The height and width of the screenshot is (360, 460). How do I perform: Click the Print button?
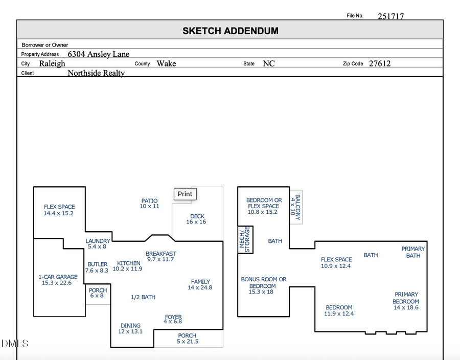[x=185, y=194]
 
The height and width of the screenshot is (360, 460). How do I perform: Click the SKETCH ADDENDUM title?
[x=231, y=31]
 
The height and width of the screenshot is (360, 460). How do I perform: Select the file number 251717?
[x=390, y=16]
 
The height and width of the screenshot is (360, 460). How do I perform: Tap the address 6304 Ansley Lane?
[x=98, y=54]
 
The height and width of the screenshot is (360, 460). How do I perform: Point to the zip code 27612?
[x=380, y=64]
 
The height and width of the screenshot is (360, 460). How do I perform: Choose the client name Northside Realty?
[x=96, y=73]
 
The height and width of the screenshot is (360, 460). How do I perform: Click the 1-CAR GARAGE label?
[x=58, y=280]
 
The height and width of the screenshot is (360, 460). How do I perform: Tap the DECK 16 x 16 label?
[x=197, y=219]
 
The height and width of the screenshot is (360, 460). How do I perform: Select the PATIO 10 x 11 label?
[x=149, y=204]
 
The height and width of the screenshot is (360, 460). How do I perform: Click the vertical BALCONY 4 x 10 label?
[x=295, y=208]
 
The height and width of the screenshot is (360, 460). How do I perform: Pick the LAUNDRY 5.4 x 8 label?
[x=98, y=243]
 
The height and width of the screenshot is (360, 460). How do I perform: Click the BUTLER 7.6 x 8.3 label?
[x=97, y=267]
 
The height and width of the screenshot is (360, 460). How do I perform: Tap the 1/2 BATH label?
[x=143, y=297]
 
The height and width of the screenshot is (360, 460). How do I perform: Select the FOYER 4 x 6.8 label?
[x=173, y=319]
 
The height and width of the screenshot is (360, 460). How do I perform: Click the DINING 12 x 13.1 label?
[x=130, y=328]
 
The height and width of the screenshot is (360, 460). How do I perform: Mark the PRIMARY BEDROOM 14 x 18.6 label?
[x=406, y=301]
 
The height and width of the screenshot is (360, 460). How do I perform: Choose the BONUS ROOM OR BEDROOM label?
[x=264, y=285]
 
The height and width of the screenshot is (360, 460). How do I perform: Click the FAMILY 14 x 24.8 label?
[x=200, y=284]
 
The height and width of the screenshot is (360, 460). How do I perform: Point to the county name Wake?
[x=166, y=63]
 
